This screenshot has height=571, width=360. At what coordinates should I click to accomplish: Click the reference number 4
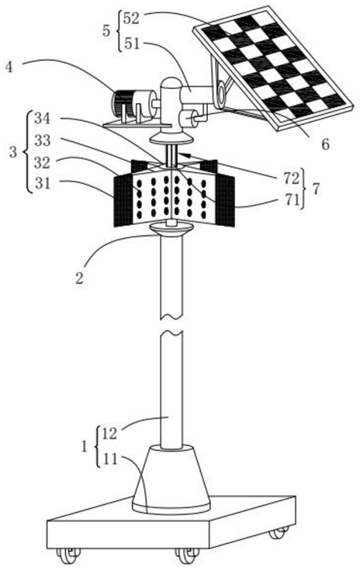click(x=9, y=67)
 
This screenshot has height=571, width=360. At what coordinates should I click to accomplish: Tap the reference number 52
click(x=131, y=18)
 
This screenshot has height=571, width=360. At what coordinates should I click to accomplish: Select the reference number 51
click(x=131, y=43)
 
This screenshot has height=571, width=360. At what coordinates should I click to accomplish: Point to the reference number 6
click(x=325, y=144)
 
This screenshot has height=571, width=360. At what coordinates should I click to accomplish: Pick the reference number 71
click(x=292, y=200)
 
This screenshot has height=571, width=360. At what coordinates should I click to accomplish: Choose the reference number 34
click(x=42, y=119)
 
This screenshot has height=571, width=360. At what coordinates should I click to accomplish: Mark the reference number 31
click(x=42, y=184)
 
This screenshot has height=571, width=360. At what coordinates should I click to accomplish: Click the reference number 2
click(x=79, y=279)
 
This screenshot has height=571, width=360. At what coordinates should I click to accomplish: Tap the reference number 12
click(x=109, y=434)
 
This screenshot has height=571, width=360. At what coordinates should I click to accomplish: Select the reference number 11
click(x=110, y=459)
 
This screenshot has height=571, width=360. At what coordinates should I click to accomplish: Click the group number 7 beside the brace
click(x=316, y=189)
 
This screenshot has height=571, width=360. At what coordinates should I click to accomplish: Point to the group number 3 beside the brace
click(x=13, y=152)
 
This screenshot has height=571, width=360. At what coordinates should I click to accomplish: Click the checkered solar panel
click(x=273, y=68)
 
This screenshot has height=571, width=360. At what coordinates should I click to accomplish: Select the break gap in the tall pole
click(x=171, y=326)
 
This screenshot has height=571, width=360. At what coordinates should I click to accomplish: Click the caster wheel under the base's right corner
click(x=279, y=532)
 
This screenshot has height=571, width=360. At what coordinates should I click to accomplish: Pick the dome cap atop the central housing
click(x=171, y=85)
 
